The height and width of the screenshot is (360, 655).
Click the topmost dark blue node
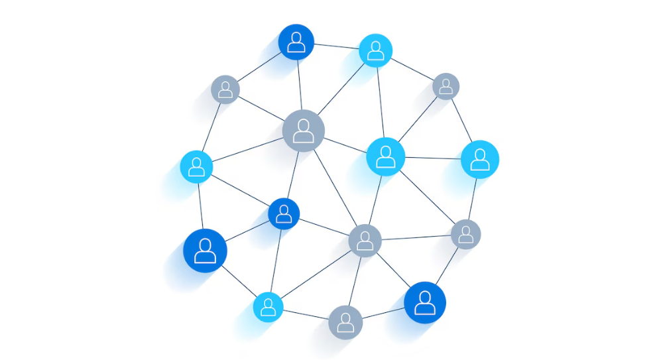(x=296, y=42)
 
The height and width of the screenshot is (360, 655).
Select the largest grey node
(x=304, y=131)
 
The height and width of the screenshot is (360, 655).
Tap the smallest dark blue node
(x=284, y=213)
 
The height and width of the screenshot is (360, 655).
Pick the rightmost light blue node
(x=480, y=159)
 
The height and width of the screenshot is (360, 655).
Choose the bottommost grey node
(x=345, y=322)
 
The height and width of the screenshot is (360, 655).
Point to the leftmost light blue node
(x=196, y=166)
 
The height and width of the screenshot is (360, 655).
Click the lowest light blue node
(x=268, y=306)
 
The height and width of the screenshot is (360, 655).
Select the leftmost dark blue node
(x=205, y=251)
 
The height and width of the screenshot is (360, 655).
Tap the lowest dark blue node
(x=425, y=302)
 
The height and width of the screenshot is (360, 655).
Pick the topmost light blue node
(x=376, y=50)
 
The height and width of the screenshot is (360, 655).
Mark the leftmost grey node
(x=225, y=89)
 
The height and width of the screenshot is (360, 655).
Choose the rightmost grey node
(x=466, y=234)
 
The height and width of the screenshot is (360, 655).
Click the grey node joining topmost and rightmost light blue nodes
(x=446, y=86)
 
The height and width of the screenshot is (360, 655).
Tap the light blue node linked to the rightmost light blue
(x=385, y=156)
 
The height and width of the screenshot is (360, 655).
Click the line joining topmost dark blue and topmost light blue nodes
(x=336, y=46)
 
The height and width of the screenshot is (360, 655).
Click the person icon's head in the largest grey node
(x=304, y=125)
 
